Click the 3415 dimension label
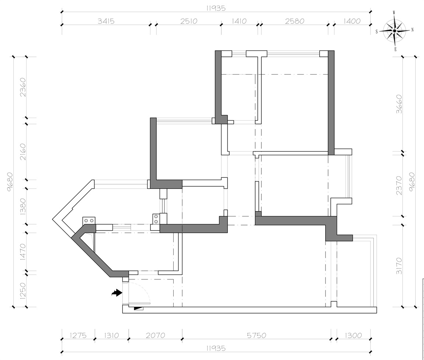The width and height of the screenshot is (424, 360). coord(106,21)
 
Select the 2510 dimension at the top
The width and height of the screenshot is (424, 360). coord(189,21)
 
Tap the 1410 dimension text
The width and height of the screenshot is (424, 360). coord(239,21)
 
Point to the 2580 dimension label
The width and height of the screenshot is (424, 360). coord(295,21)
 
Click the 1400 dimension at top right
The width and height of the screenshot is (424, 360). coord(352,21)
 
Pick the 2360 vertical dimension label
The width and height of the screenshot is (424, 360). coord(23,87)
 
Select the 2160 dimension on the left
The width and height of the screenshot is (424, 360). coord(23,152)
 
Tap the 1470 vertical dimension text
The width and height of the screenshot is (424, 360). coord(23,252)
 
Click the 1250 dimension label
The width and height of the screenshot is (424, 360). coord(23,291)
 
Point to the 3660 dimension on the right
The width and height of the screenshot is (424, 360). coord(399,104)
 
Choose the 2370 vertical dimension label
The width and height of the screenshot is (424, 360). coord(399,186)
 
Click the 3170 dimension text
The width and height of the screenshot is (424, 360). coord(399,266)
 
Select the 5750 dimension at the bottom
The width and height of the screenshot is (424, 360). coord(256,335)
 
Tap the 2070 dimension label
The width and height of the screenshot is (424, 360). coord(156,335)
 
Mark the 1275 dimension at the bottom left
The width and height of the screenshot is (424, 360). coord(78,335)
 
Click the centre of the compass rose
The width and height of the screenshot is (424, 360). coord(395,31)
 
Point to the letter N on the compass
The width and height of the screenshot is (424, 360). coord(412,30)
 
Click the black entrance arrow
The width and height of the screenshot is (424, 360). coord(117,292)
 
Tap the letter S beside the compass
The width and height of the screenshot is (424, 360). coord(376,32)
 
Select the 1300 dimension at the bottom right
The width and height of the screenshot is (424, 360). coord(353,335)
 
